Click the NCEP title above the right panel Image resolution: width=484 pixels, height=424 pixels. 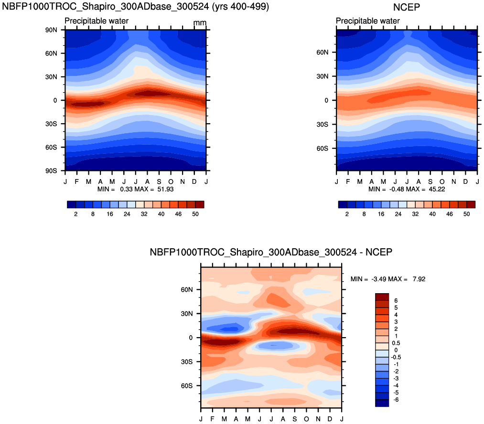(407, 7)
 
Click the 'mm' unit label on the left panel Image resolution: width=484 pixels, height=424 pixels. (200, 23)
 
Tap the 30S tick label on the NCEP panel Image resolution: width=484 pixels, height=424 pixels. (323, 124)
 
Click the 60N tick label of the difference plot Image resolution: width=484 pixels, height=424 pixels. (187, 290)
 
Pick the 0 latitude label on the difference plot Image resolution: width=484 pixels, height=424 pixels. (190, 338)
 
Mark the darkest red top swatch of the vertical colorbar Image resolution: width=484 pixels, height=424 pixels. (382, 296)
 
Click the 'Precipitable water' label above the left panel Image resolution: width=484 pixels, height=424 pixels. (97, 21)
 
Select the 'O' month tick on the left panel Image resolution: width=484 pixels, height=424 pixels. (171, 182)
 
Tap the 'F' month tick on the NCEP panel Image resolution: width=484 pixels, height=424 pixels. (348, 182)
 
